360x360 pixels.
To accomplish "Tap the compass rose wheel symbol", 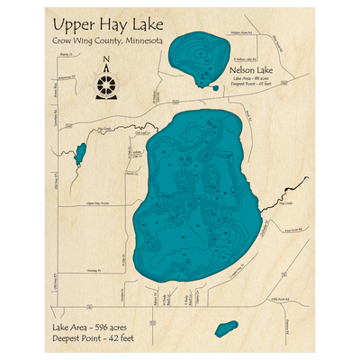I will (x=107, y=82).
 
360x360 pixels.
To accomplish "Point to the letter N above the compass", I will (x=107, y=61).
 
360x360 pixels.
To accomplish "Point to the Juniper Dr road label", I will (x=123, y=297).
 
